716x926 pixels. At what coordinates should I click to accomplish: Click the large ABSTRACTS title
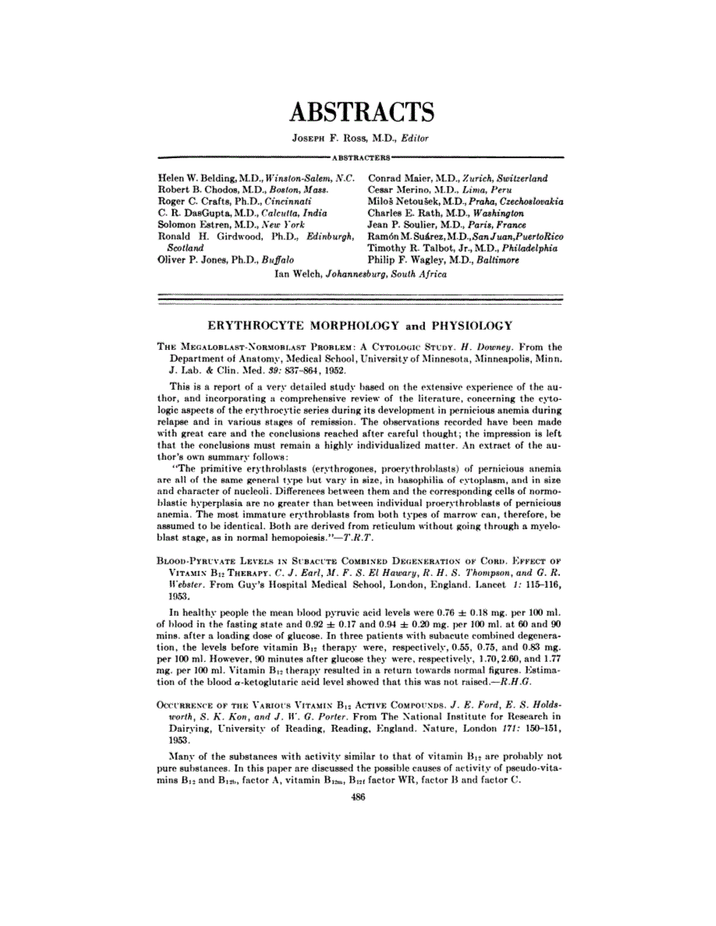click(x=361, y=111)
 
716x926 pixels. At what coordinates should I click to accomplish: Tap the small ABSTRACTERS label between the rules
click(x=359, y=157)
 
